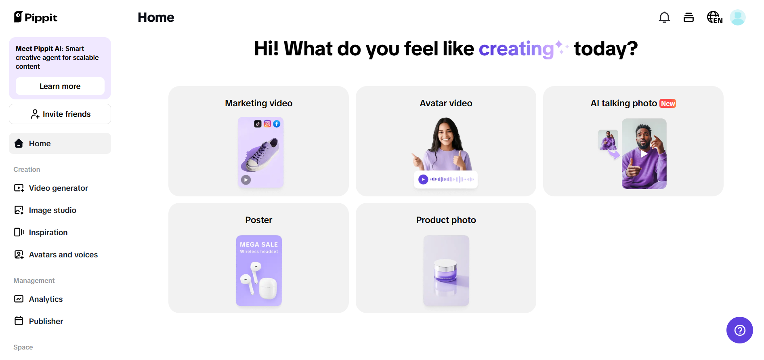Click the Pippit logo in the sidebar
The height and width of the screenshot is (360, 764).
(x=36, y=17)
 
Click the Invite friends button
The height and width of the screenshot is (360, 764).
(x=60, y=114)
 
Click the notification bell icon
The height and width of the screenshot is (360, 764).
(x=664, y=17)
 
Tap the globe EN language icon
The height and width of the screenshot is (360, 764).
(x=714, y=17)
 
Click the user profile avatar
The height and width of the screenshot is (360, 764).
(x=738, y=17)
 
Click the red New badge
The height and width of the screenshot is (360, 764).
(x=668, y=103)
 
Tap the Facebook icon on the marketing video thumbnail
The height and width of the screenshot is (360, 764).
(x=277, y=124)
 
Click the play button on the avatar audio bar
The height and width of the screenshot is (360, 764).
(x=423, y=179)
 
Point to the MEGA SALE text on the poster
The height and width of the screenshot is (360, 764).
(x=259, y=244)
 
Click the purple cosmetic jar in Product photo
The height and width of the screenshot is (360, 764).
(x=445, y=270)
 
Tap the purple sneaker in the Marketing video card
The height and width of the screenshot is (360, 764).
(x=260, y=155)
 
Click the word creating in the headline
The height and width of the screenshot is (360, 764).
(x=516, y=49)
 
